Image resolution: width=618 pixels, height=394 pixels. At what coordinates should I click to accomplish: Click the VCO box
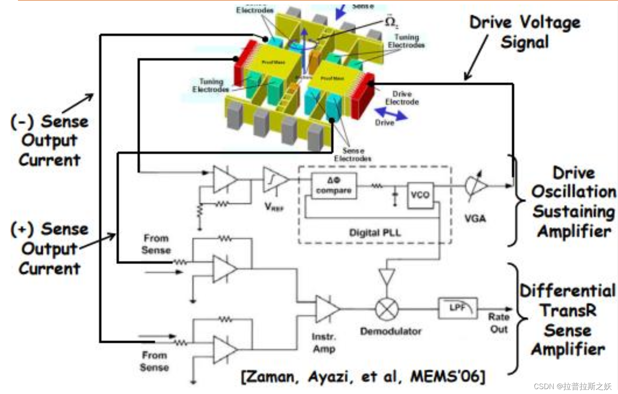[x=420, y=195]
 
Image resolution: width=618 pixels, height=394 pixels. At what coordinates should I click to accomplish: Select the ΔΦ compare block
[x=334, y=186]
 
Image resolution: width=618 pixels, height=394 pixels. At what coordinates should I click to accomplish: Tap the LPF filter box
[x=458, y=308]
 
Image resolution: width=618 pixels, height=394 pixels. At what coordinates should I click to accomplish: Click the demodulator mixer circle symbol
[x=386, y=309]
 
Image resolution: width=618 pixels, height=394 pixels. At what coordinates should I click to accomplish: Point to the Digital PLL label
[x=375, y=233]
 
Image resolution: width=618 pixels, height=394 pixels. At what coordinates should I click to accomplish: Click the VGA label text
[x=475, y=219]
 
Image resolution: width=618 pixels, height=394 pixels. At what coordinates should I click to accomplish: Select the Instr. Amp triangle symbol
[x=326, y=309]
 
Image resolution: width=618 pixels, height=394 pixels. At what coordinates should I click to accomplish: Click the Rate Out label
[x=499, y=323]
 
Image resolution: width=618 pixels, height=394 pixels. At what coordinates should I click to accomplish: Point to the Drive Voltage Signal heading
[x=525, y=32]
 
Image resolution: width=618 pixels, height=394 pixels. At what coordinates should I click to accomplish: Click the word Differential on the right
[x=568, y=291]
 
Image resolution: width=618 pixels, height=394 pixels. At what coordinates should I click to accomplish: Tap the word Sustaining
[x=574, y=211]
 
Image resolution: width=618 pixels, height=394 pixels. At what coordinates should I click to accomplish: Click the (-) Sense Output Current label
[x=49, y=140]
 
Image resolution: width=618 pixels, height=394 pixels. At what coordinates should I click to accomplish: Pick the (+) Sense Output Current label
[x=49, y=248]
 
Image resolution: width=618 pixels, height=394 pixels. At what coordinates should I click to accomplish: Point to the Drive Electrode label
[x=402, y=98]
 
